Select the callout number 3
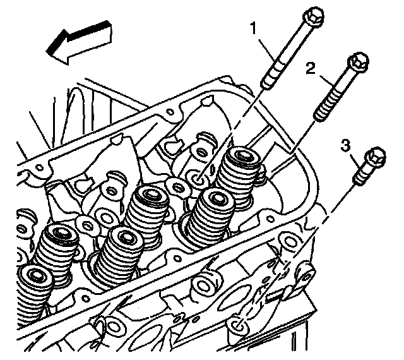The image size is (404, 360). [346, 146]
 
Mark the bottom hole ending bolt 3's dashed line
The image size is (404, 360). [237, 326]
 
